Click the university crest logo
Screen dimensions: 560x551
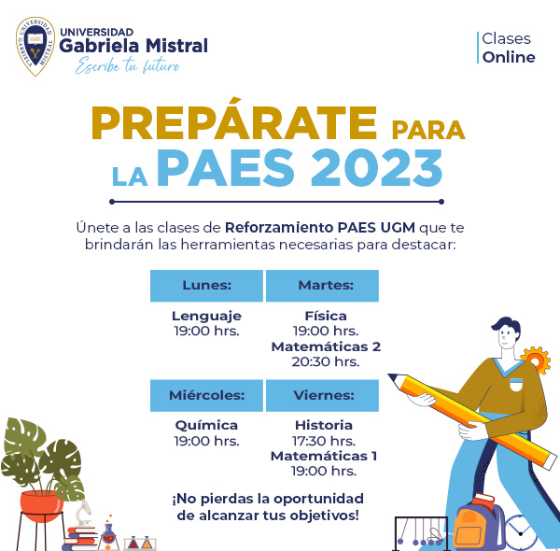click(35, 46)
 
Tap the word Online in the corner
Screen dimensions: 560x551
click(509, 57)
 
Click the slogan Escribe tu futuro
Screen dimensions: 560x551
click(127, 65)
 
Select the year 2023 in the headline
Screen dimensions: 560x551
click(376, 168)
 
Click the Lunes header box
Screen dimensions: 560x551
click(206, 286)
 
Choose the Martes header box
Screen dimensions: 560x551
click(322, 286)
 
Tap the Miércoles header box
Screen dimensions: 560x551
click(206, 396)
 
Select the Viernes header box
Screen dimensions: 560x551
click(322, 396)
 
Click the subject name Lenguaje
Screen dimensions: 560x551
click(206, 317)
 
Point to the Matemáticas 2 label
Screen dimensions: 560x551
click(326, 346)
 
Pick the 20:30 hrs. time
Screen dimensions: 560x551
click(326, 362)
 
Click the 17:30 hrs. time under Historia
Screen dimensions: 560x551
click(324, 441)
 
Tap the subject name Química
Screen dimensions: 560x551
click(206, 426)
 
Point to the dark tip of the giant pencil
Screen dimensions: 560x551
click(393, 377)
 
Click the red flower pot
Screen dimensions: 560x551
click(41, 505)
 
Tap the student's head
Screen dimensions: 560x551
click(506, 332)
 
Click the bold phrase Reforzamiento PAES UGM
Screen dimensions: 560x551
click(320, 228)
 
